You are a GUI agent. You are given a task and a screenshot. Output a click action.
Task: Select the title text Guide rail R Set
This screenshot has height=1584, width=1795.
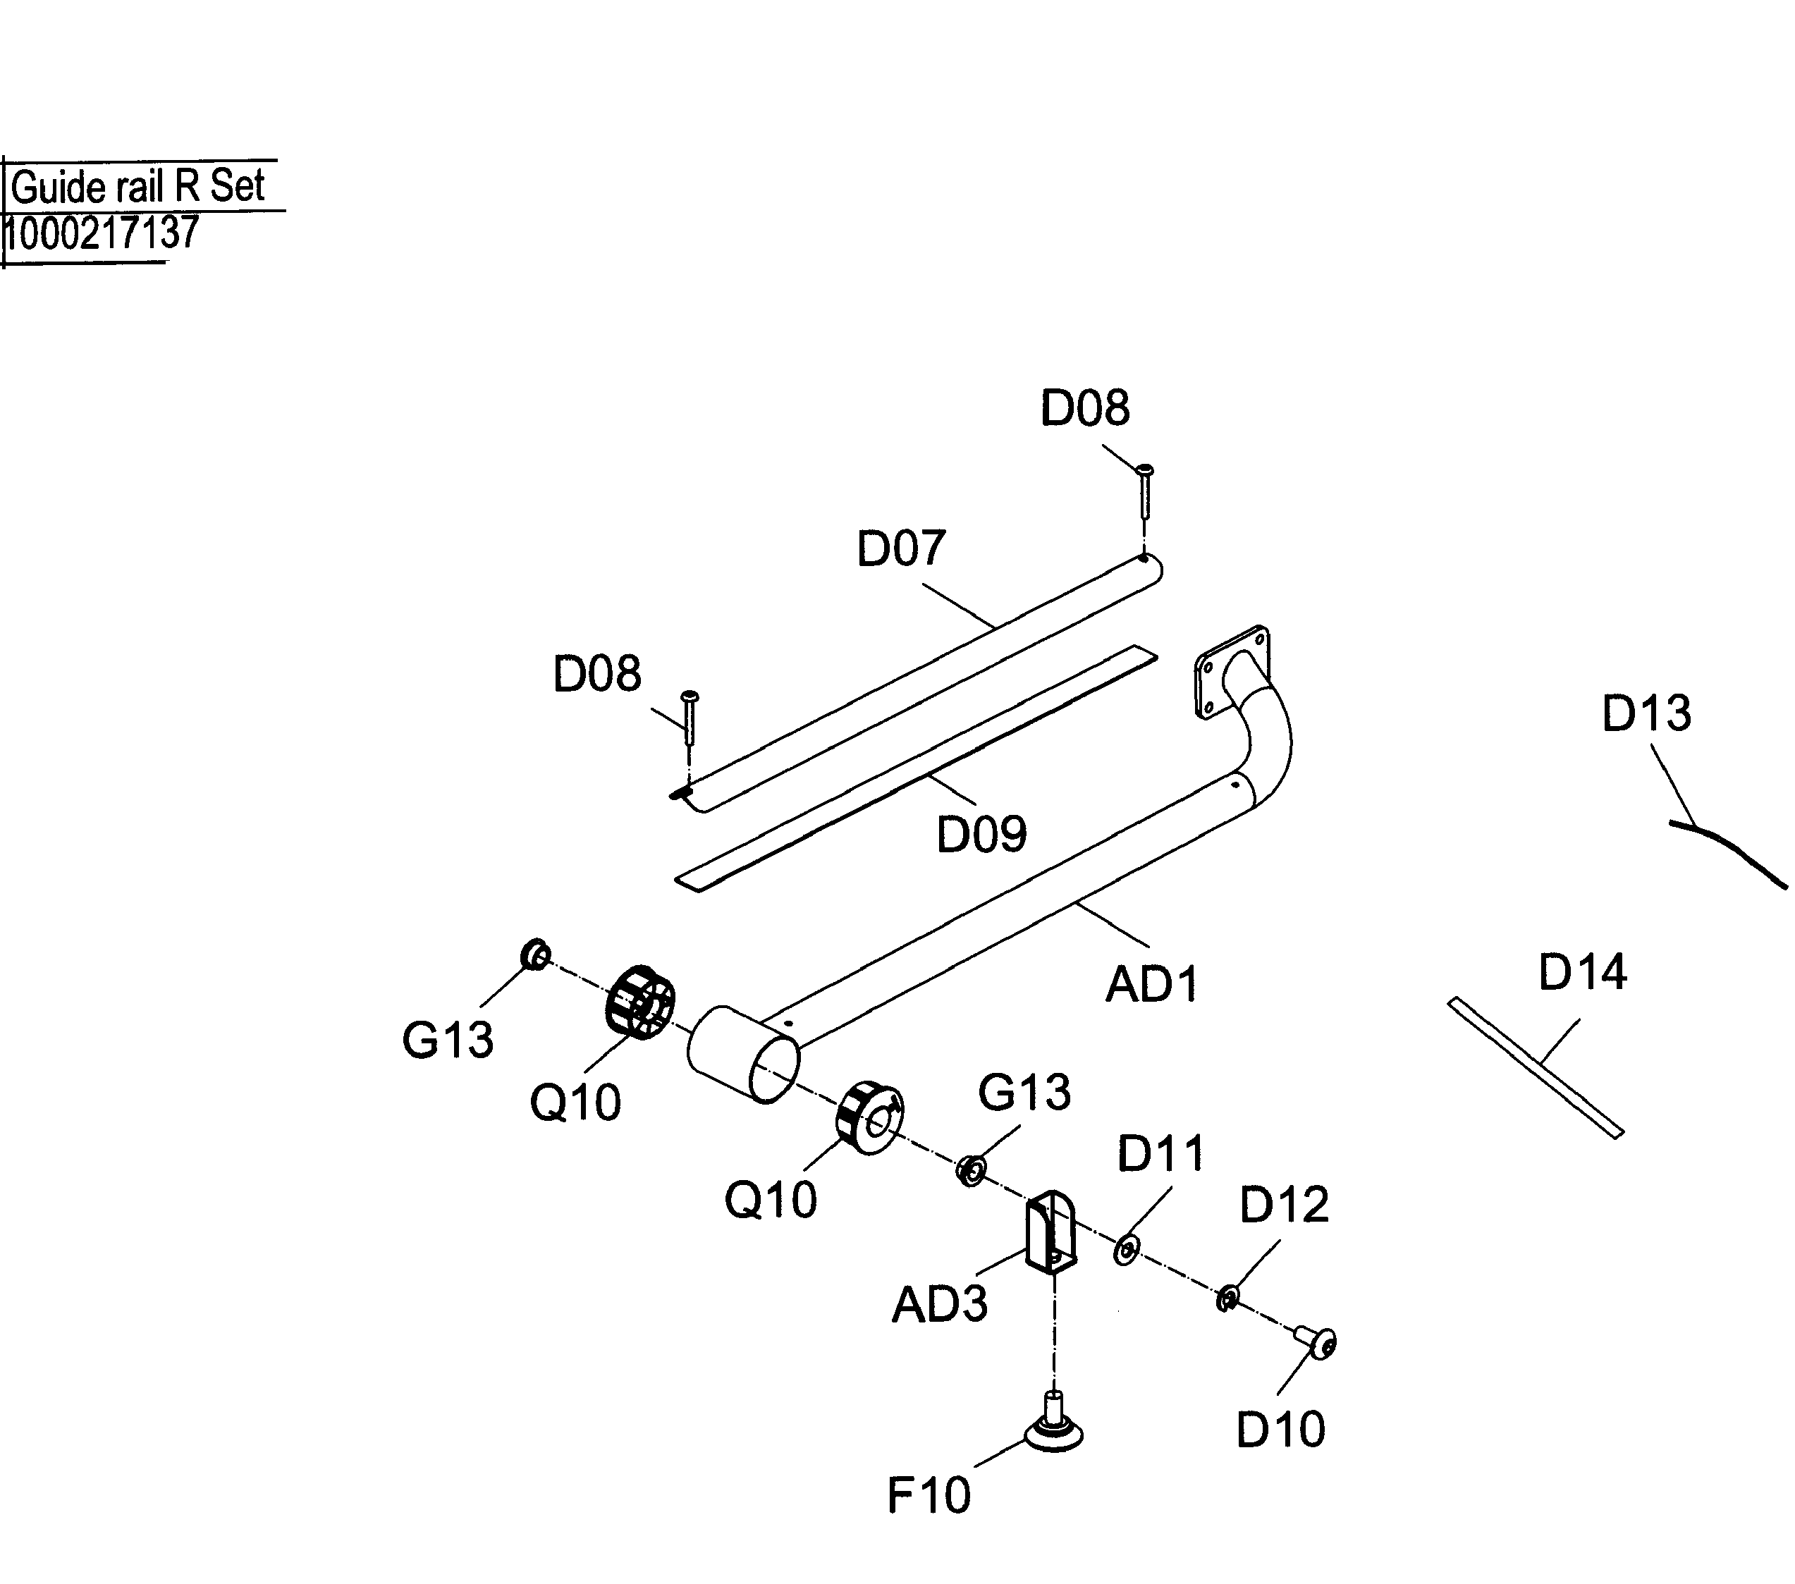point(138,186)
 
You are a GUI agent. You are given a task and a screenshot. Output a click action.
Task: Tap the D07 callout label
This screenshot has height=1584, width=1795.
point(900,548)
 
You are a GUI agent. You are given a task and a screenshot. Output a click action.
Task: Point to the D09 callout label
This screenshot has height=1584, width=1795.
point(981,834)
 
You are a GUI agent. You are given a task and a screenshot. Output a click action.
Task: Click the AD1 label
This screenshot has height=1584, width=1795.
point(1151,984)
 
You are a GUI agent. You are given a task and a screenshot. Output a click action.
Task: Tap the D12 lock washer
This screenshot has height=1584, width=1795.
point(1227,1297)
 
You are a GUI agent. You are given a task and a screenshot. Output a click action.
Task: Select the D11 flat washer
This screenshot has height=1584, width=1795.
point(1126,1249)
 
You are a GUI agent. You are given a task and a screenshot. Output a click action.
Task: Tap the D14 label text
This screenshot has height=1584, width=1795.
point(1583,972)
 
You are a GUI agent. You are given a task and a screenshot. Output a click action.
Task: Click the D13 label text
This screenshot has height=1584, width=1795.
point(1646,713)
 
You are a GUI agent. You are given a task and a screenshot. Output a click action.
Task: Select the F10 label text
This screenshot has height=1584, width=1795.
point(929,1495)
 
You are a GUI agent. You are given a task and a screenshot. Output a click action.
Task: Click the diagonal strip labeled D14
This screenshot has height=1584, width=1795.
point(1535,1067)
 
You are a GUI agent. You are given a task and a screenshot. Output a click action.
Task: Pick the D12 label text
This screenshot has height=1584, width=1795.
point(1283,1205)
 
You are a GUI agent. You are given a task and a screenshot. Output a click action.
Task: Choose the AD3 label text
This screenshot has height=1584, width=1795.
point(939,1305)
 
